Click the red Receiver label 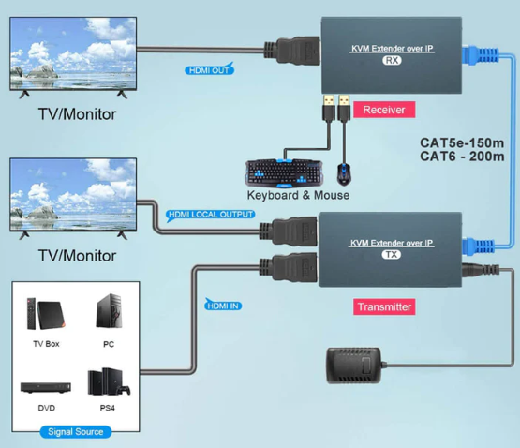pos(384,110)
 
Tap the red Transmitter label pos(384,306)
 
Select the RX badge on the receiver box pos(392,60)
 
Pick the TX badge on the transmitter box pos(392,255)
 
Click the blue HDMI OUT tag pos(209,69)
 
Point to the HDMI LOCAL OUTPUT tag pos(210,215)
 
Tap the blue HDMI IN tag pos(223,305)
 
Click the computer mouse pos(344,174)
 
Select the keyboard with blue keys pos(284,172)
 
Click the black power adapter pos(354,366)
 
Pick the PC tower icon pos(109,311)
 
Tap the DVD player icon pos(46,388)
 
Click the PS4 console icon pos(109,382)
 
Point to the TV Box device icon pos(46,314)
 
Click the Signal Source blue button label pos(76,432)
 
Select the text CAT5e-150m pos(462,143)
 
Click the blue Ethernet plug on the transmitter pos(478,246)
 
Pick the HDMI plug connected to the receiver pos(292,52)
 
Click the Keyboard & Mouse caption pos(298,195)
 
